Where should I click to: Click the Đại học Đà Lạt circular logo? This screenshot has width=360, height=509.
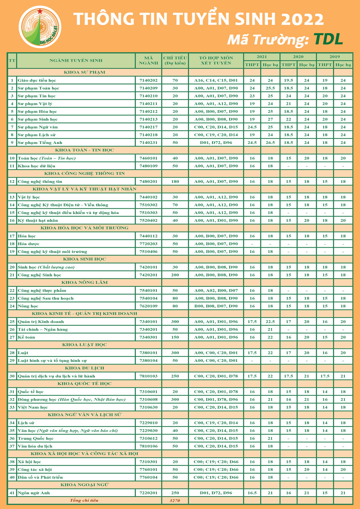40,27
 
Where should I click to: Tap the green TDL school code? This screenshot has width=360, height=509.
328,39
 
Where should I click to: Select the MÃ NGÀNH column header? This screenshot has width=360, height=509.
148,60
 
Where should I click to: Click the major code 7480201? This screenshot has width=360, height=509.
148,182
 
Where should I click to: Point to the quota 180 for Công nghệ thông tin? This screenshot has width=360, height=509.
175,182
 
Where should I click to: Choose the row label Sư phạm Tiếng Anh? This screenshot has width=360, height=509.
40,143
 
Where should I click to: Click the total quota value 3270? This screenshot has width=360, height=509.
175,501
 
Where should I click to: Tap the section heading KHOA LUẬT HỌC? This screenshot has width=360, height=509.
84,345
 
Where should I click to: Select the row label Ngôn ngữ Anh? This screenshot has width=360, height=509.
34,493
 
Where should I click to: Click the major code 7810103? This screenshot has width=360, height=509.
148,376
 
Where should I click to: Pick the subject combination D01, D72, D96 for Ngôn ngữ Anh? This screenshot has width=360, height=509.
216,493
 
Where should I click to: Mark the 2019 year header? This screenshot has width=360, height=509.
334,57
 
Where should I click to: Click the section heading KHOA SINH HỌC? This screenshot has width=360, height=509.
84,259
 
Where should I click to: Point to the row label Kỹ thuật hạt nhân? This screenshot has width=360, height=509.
38,220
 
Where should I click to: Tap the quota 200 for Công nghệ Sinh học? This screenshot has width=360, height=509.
175,275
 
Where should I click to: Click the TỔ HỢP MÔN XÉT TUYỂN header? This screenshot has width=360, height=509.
216,60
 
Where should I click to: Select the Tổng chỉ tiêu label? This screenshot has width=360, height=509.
84,500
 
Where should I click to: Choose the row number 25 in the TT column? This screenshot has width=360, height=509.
12,322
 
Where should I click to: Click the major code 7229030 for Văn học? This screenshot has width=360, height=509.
148,431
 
